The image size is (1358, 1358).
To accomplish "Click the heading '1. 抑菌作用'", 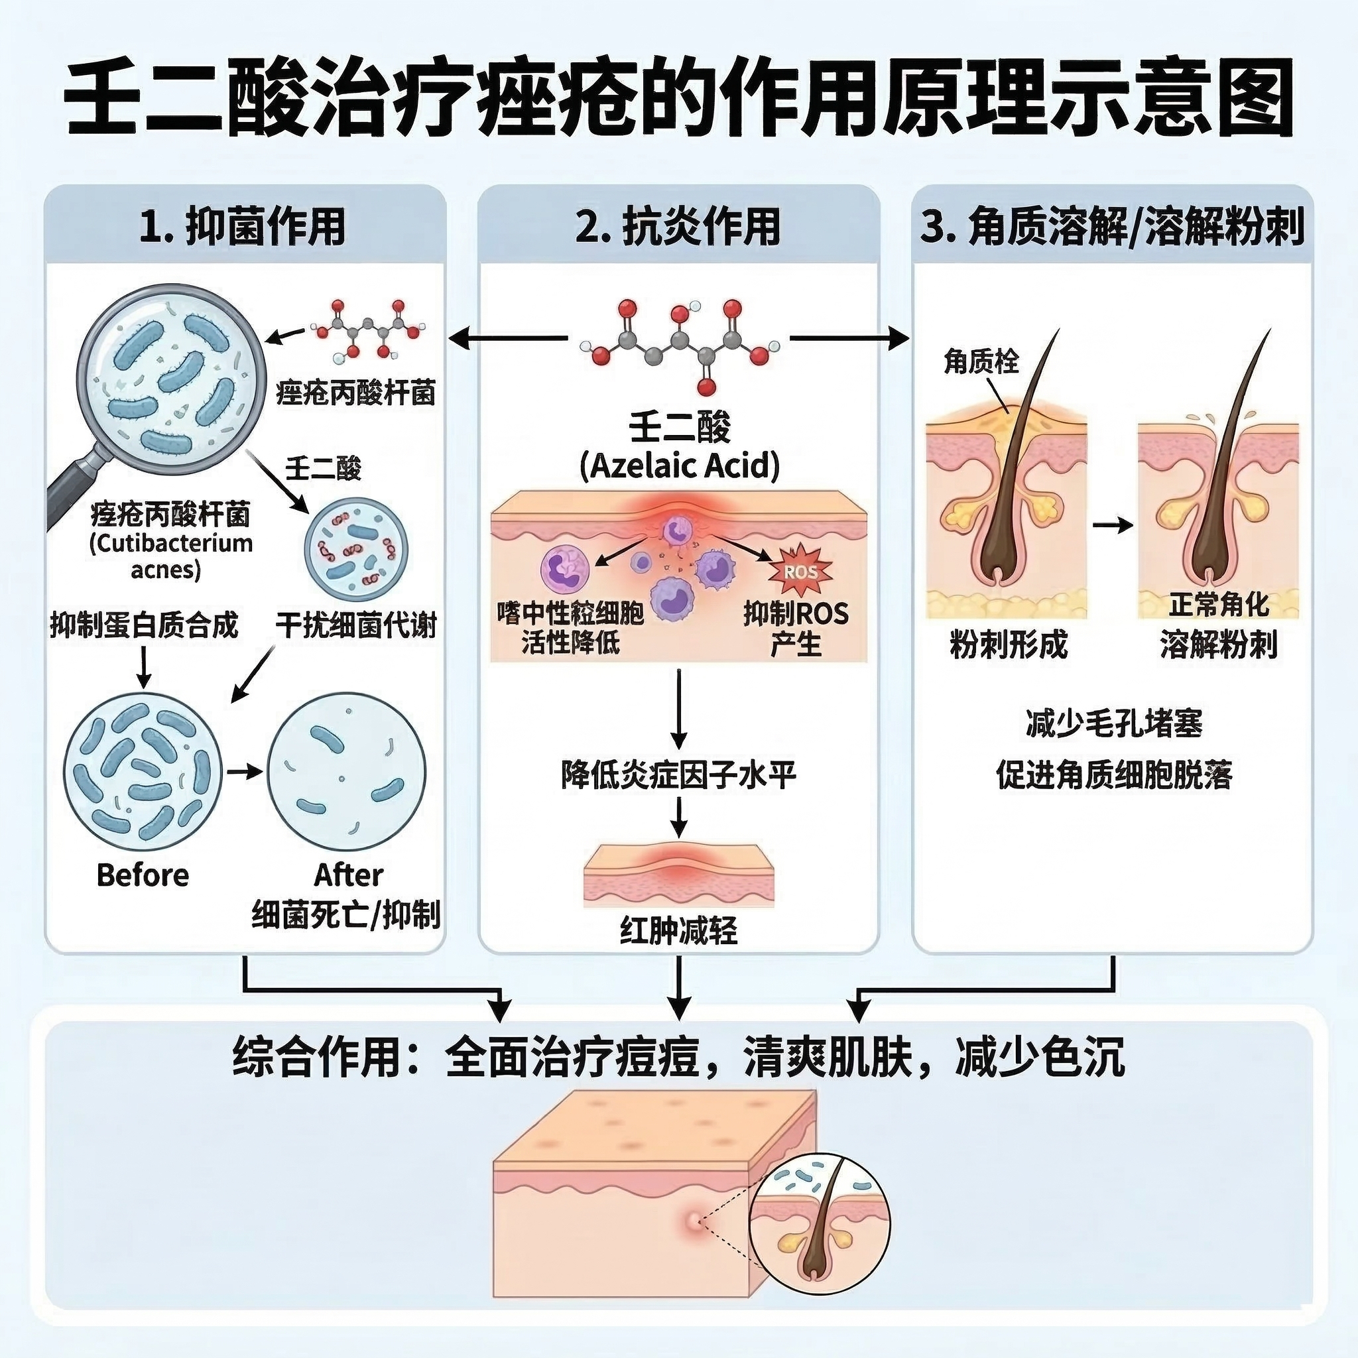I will tap(243, 226).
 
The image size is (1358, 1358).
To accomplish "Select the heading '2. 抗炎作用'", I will tap(678, 226).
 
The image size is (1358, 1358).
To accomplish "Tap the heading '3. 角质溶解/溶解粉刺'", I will tap(1112, 226).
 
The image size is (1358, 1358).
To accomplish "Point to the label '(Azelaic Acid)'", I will tap(679, 465).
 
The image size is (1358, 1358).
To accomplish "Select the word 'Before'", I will tap(143, 875).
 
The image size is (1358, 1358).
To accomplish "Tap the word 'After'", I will tap(348, 875).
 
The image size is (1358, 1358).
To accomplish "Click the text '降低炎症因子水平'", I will tap(678, 775).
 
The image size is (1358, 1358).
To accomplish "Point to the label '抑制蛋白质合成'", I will tap(144, 625).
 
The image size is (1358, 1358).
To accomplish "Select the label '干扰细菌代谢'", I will tap(355, 625).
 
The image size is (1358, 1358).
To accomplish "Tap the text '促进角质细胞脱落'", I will tap(1114, 775).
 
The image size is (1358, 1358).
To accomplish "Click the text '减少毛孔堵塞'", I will tap(1114, 723).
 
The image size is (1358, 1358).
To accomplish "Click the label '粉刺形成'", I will tap(1008, 644).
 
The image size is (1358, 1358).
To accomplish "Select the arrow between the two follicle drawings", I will tap(1113, 525).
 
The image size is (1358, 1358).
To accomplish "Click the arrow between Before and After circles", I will tap(244, 772).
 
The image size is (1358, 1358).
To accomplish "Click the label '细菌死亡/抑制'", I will tap(346, 914).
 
